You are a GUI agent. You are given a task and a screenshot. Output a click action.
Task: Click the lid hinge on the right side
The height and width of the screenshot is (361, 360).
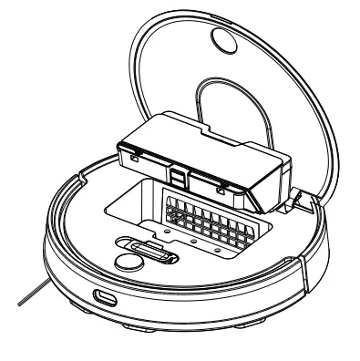[296, 195]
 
